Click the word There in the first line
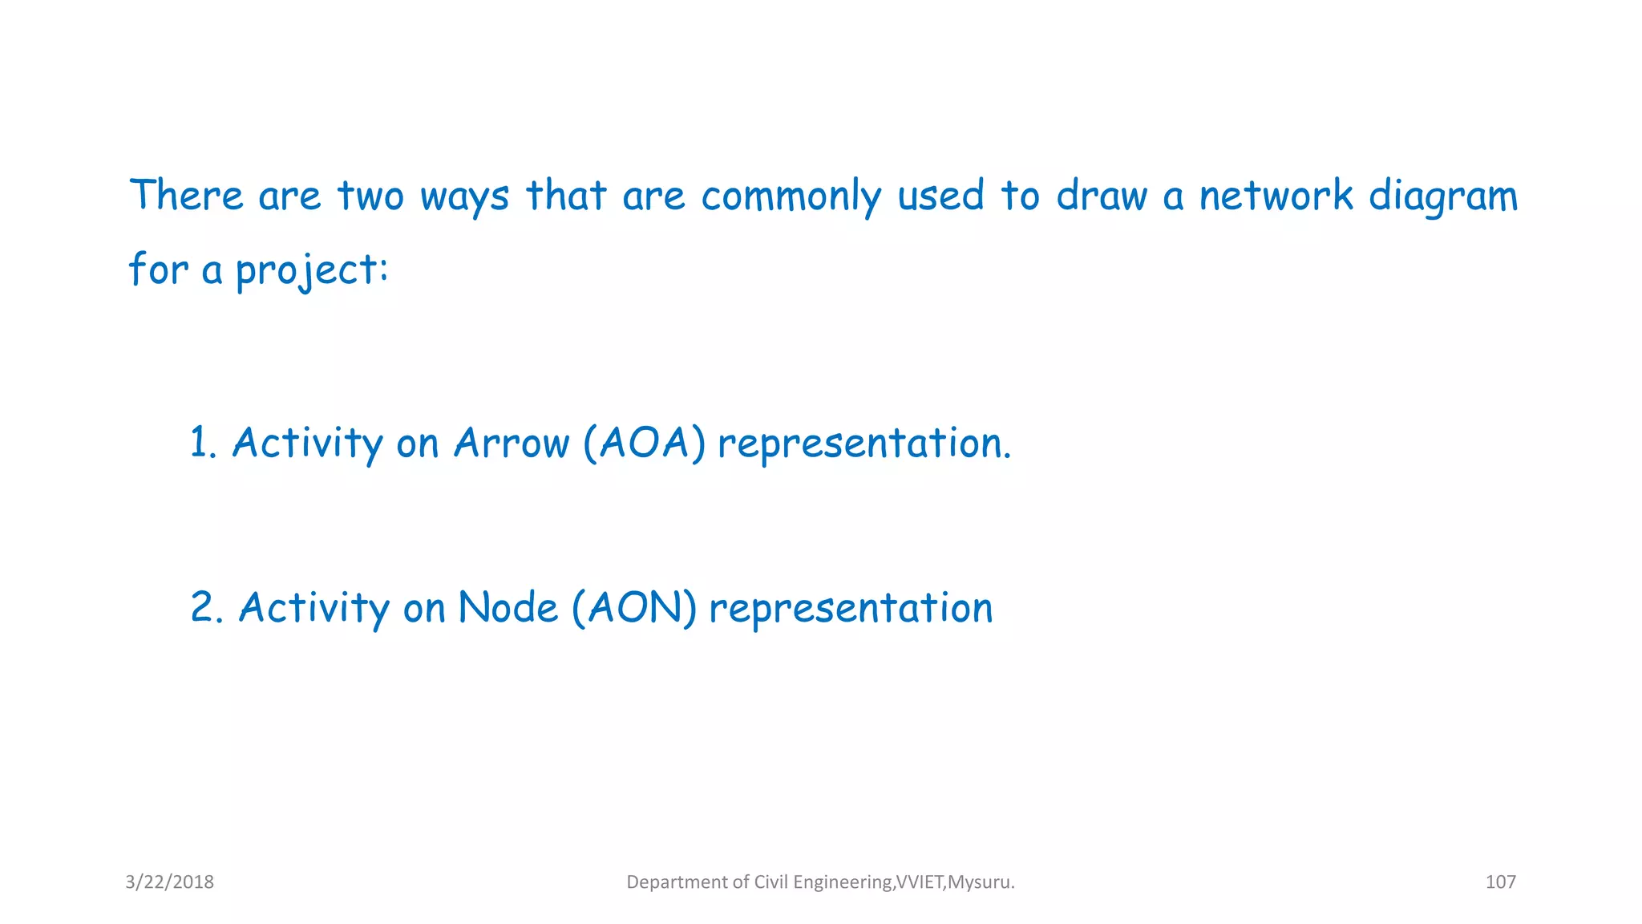point(186,195)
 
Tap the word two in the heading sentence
point(370,197)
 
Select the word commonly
point(791,197)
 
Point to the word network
point(1276,195)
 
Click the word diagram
point(1442,197)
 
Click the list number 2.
point(206,607)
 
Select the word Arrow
point(511,443)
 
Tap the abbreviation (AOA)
point(644,443)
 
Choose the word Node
point(507,607)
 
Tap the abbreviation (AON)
point(633,607)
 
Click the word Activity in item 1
point(307,443)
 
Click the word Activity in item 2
point(313,607)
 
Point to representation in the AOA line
point(863,443)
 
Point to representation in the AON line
point(851,607)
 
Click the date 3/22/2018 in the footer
point(169,882)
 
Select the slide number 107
point(1500,882)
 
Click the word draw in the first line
point(1101,197)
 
